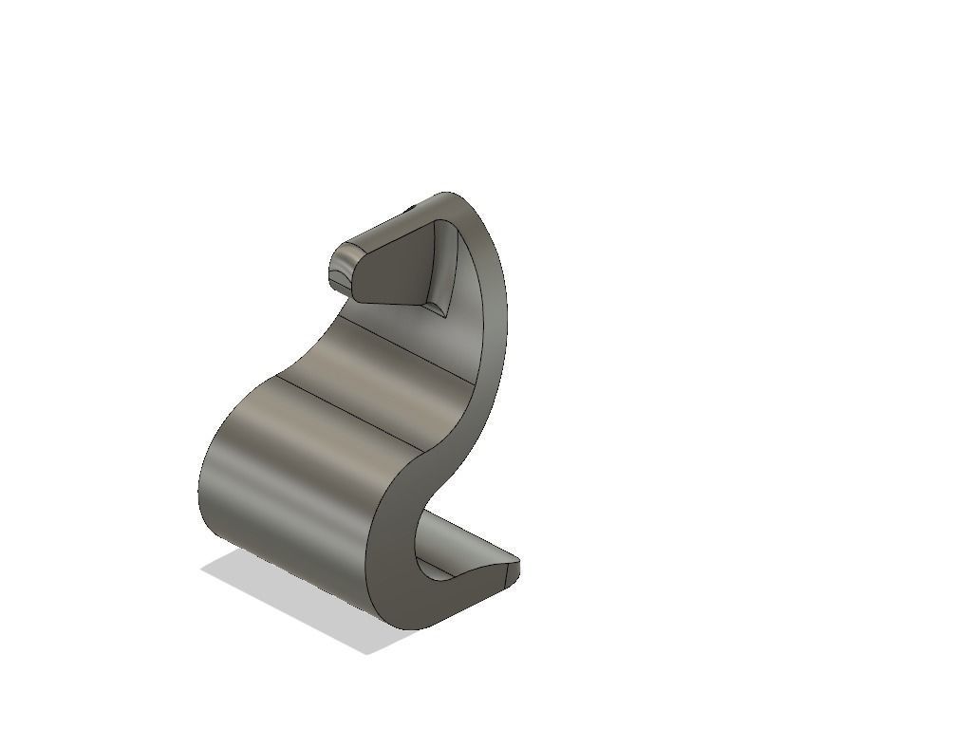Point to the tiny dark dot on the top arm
(x=412, y=206)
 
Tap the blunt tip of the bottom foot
(x=513, y=570)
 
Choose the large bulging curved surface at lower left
(x=285, y=484)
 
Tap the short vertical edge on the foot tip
(x=519, y=570)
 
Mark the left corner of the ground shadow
(x=203, y=569)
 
